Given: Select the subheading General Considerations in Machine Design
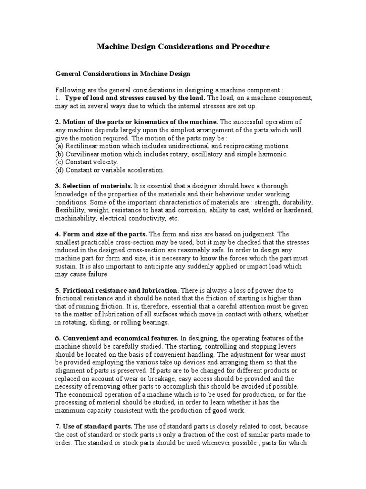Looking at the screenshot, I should pos(123,74).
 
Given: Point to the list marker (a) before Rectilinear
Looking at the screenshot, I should pos(60,146).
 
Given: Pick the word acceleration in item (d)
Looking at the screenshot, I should pos(145,170).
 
